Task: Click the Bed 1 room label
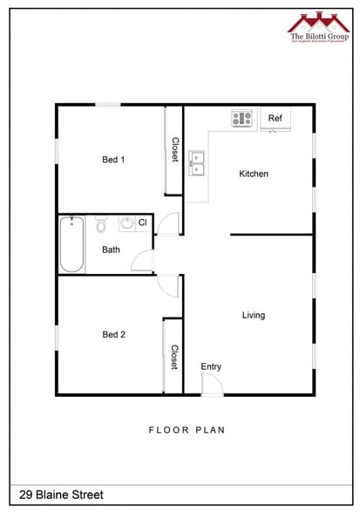pos(113,160)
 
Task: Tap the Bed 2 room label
pos(113,334)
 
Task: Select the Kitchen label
pos(254,174)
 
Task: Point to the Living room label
pos(254,315)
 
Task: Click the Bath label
pos(111,250)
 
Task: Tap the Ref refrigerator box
pos(275,119)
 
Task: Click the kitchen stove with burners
pos(241,118)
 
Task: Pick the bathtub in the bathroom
pos(71,244)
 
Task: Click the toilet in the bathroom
pos(101,226)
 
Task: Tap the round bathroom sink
pos(127,224)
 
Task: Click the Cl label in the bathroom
pos(142,223)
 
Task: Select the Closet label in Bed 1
pos(174,149)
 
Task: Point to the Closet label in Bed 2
pos(174,357)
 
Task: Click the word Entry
pos(211,366)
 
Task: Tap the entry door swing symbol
pos(212,386)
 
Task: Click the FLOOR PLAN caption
pos(187,429)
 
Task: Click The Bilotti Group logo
pos(318,25)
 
